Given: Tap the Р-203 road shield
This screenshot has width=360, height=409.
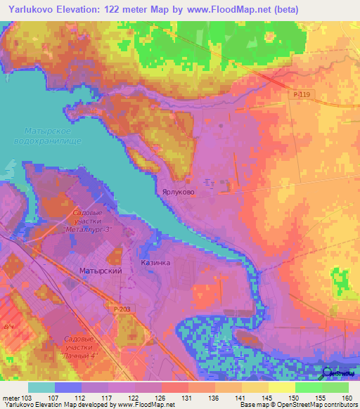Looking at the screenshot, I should click(x=121, y=308).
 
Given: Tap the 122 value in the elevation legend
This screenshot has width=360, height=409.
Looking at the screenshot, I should click(x=133, y=398).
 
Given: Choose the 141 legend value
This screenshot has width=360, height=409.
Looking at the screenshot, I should click(x=240, y=398).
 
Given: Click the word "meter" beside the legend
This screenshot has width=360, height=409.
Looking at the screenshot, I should click(x=11, y=398).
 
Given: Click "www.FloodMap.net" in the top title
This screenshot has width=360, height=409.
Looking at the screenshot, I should click(x=219, y=9).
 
